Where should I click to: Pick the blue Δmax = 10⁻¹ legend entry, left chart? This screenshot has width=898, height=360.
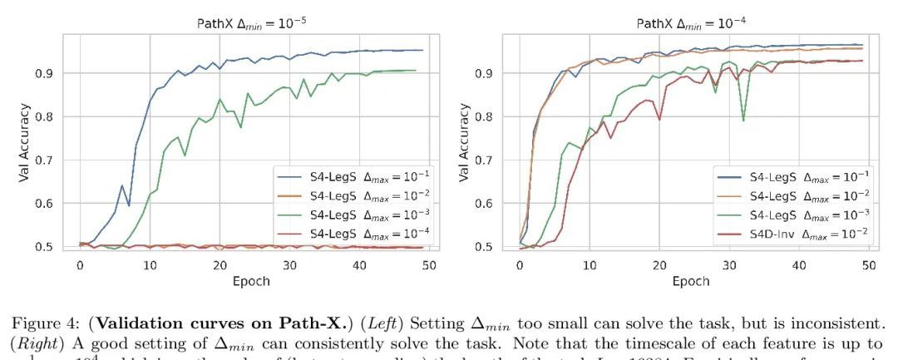[x=349, y=176]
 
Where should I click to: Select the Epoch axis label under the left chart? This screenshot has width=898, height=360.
[x=250, y=281]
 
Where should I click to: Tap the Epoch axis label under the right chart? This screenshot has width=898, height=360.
[x=692, y=281]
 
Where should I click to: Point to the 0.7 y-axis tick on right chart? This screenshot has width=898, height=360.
[x=487, y=160]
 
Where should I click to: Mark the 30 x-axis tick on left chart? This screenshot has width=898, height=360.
[x=289, y=264]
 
